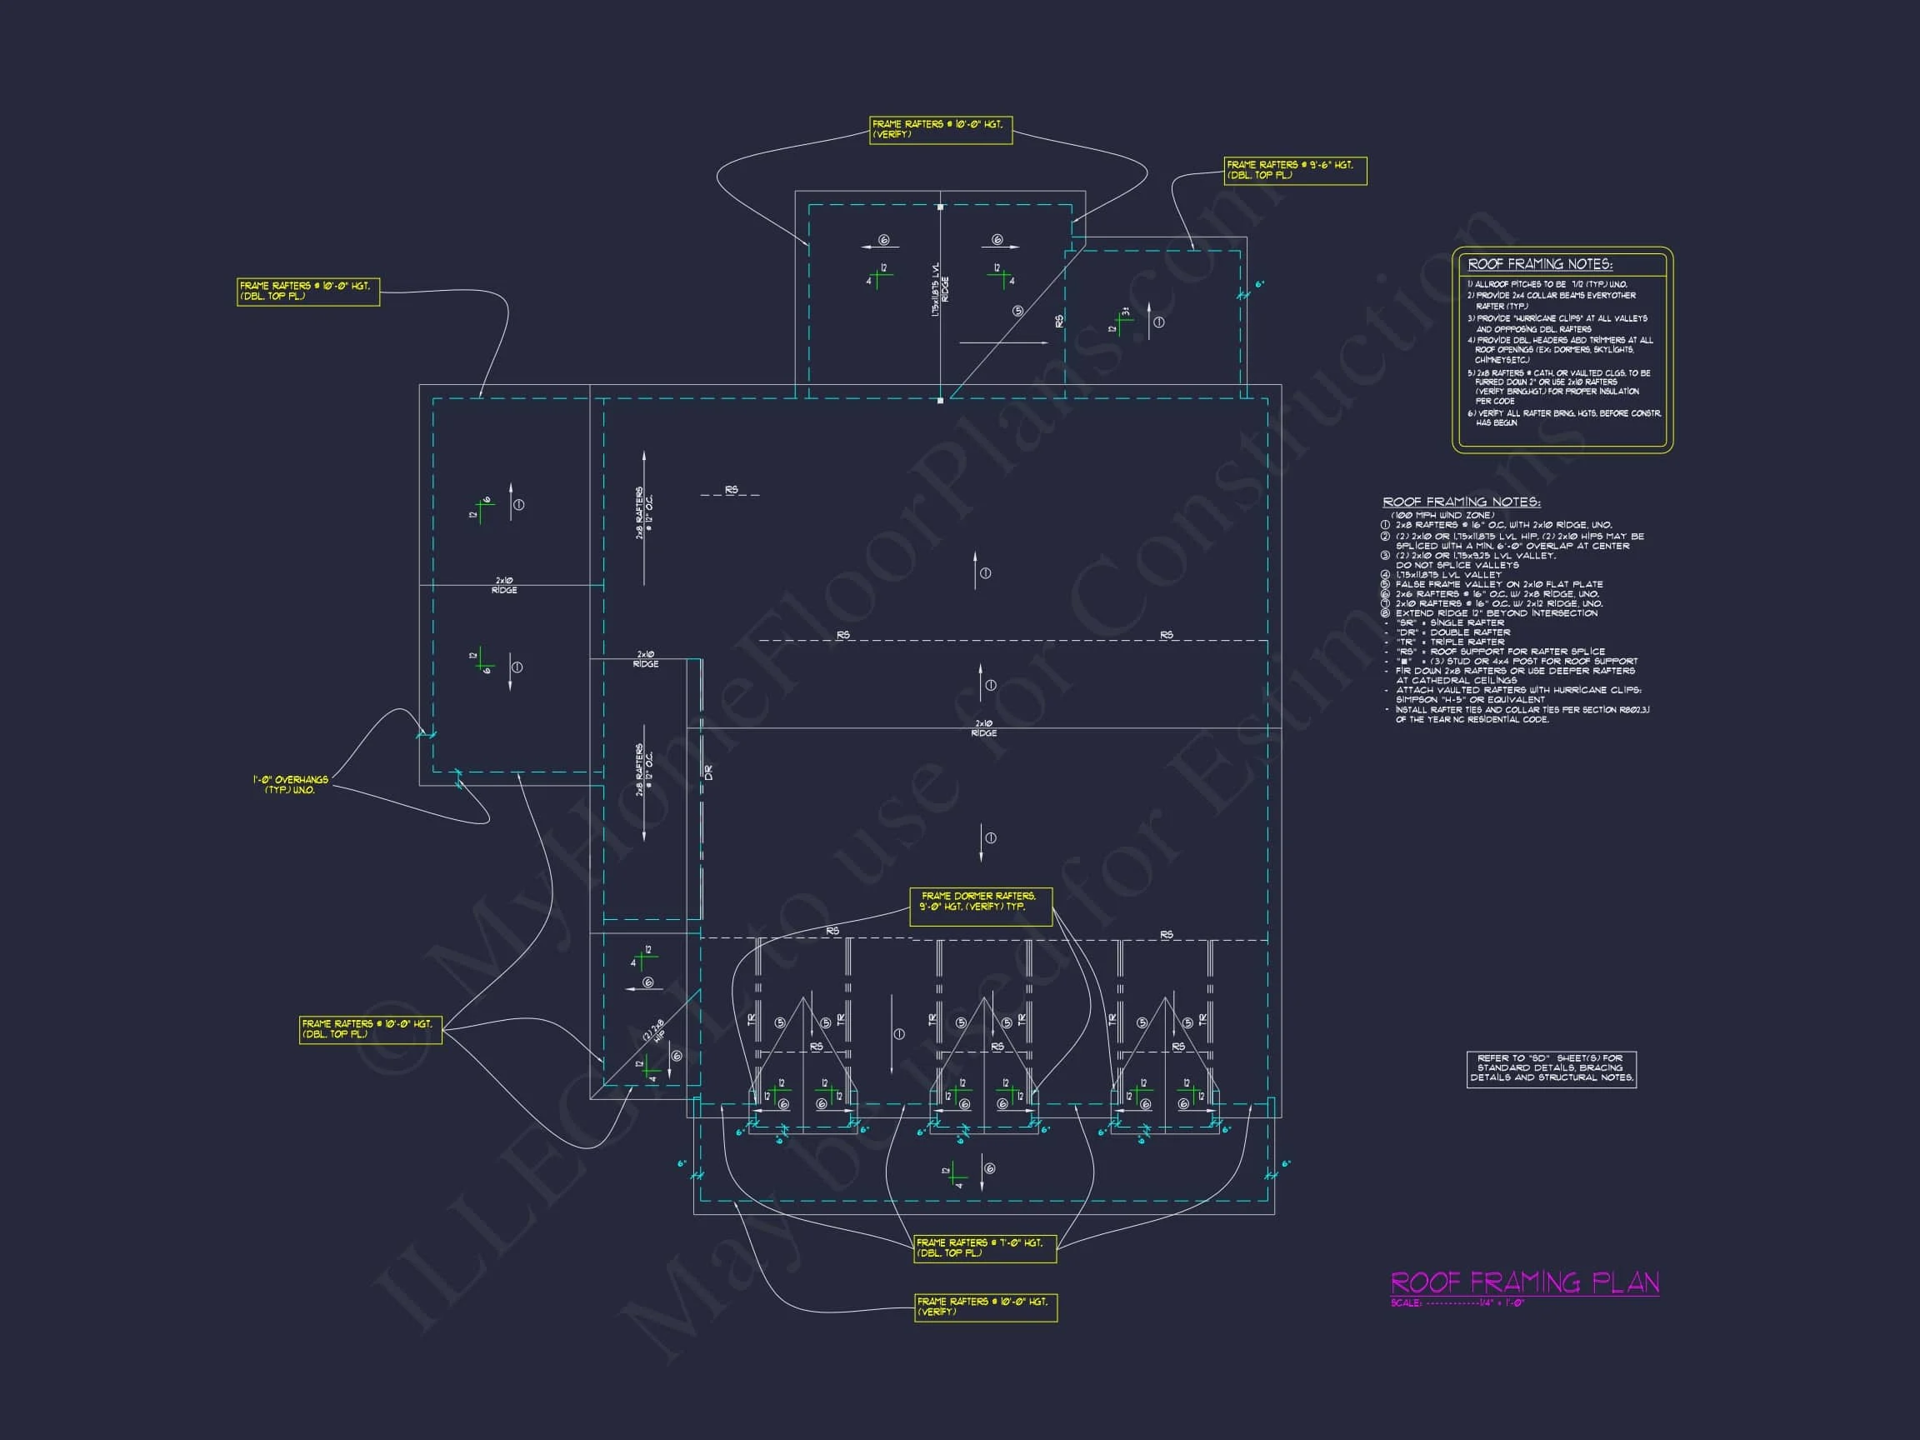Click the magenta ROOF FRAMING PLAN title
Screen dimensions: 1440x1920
coord(1524,1282)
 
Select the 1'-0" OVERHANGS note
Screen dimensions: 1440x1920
coord(291,785)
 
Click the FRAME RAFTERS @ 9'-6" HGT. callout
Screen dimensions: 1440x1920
coord(1295,170)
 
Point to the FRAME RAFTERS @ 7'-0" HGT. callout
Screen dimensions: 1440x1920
coord(984,1247)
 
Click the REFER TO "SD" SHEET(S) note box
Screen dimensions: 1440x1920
coord(1551,1067)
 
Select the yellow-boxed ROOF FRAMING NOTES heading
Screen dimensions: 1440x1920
coord(1540,264)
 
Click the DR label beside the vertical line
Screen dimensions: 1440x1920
coord(708,772)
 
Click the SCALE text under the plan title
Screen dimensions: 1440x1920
coord(1458,1302)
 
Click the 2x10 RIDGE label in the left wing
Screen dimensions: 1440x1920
coord(504,585)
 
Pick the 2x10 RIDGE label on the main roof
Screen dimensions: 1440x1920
coord(983,728)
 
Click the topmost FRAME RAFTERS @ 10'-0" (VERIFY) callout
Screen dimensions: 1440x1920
coord(940,129)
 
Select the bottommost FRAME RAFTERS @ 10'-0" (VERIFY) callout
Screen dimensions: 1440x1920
coord(985,1307)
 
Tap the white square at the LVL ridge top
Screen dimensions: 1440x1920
coord(940,207)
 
